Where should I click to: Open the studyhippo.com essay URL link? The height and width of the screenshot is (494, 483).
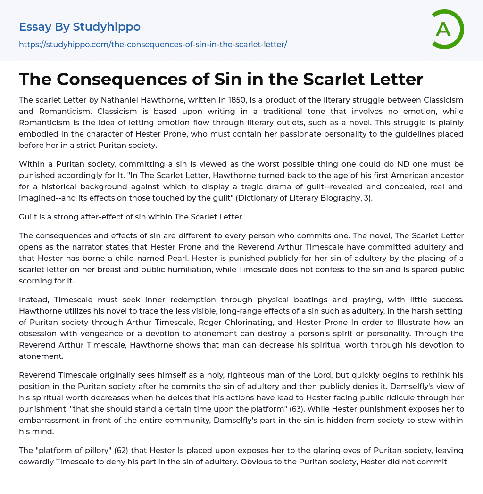(153, 44)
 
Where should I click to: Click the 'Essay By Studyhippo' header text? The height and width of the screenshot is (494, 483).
(80, 27)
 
